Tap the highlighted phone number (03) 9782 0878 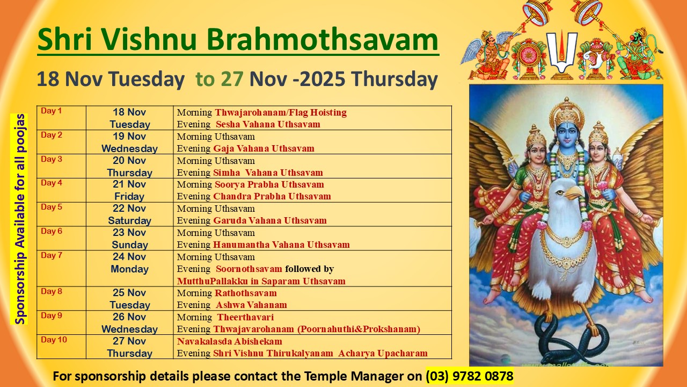click(x=470, y=376)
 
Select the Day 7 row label click(x=52, y=255)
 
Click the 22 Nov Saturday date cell click(x=129, y=214)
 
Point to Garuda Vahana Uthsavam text click(x=270, y=220)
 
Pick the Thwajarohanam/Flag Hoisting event click(x=281, y=112)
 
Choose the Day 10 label click(x=54, y=340)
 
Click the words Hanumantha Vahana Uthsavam click(x=282, y=245)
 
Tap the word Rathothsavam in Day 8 click(x=246, y=293)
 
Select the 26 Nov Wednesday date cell click(x=129, y=323)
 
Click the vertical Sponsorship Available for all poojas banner click(x=20, y=219)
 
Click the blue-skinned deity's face click(x=567, y=134)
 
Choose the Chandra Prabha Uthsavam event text click(x=272, y=196)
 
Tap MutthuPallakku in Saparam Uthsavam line click(x=261, y=281)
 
